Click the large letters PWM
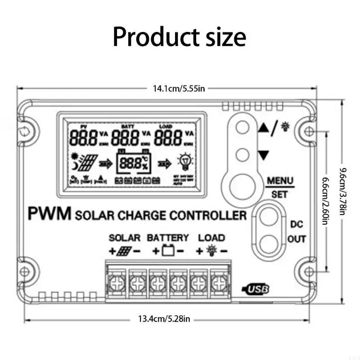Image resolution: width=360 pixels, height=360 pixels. (x=49, y=214)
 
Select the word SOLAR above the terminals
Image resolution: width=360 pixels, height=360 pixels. (x=125, y=237)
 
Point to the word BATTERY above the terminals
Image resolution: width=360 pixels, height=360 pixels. (x=168, y=237)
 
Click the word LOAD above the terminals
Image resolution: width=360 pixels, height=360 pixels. (x=211, y=237)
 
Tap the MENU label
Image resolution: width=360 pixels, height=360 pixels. (x=280, y=181)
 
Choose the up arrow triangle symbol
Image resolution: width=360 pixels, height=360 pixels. (x=264, y=128)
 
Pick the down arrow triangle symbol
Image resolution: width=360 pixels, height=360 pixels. (x=264, y=156)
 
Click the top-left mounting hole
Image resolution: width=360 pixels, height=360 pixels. (x=25, y=131)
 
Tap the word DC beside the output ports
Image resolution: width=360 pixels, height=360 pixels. (x=296, y=224)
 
